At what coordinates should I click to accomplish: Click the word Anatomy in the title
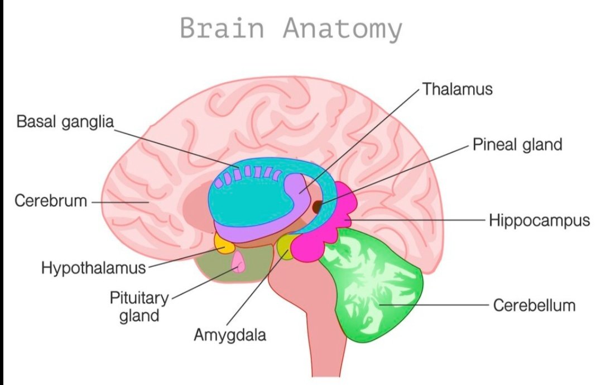click(342, 29)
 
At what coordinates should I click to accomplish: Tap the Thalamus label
click(457, 89)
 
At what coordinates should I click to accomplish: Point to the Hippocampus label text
click(539, 220)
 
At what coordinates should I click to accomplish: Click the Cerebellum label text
click(533, 306)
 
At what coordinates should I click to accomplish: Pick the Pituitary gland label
click(134, 306)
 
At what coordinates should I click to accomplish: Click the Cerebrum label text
click(51, 201)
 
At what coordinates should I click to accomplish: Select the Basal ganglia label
click(65, 121)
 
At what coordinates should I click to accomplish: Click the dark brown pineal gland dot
click(318, 207)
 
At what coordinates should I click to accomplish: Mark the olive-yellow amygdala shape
click(286, 245)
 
